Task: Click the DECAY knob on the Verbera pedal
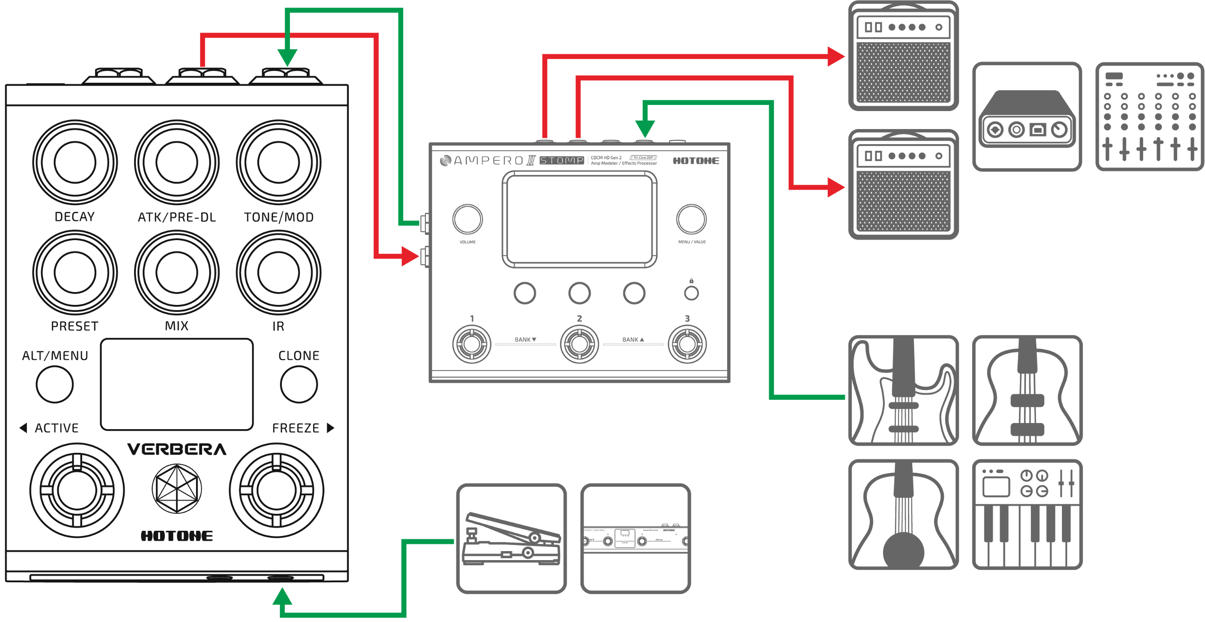(x=75, y=162)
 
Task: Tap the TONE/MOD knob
(x=279, y=162)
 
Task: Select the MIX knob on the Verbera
(x=177, y=272)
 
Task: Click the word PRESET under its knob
(x=75, y=327)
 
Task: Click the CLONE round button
(x=299, y=384)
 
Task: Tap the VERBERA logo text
(x=177, y=449)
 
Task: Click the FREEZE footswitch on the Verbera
(x=277, y=490)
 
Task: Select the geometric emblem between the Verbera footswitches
(x=177, y=489)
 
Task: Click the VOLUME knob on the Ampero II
(x=467, y=219)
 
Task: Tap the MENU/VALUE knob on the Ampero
(x=691, y=219)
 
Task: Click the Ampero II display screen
(x=579, y=219)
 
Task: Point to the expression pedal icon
(x=511, y=538)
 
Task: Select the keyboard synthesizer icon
(x=1027, y=514)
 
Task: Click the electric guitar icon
(x=903, y=390)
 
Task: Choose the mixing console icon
(x=1149, y=116)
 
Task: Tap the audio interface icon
(x=1027, y=116)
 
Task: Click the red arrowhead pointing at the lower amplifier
(x=836, y=188)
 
